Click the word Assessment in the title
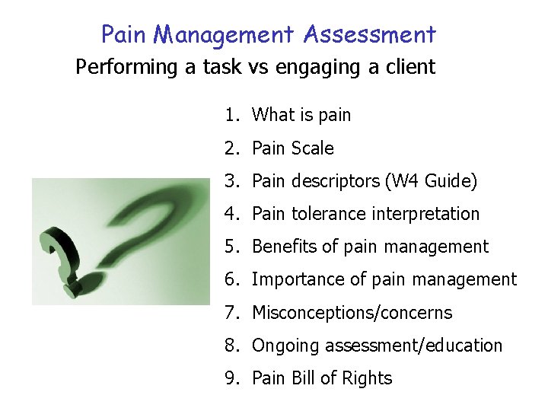point(369,35)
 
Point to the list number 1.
point(231,115)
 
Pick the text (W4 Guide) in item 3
point(432,181)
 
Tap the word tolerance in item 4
point(328,214)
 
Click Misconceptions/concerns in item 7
point(352,313)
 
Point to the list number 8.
point(231,346)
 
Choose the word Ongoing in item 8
point(285,346)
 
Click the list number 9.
point(231,378)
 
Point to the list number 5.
point(231,247)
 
